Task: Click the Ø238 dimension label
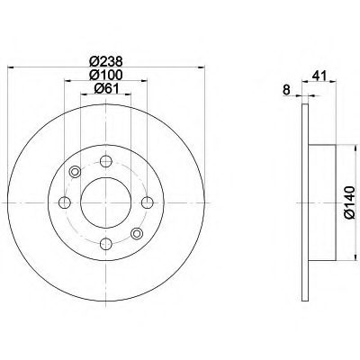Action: pos(106,62)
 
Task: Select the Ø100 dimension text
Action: pos(106,75)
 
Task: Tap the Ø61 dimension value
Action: pos(106,88)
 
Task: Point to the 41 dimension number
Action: pos(319,76)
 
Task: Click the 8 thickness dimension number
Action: pos(287,90)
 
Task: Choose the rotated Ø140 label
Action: pos(350,202)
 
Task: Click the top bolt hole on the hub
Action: pos(106,161)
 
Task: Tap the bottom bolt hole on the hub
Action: pos(106,244)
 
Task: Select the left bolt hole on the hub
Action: pos(65,202)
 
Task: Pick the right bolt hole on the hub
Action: pos(148,202)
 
